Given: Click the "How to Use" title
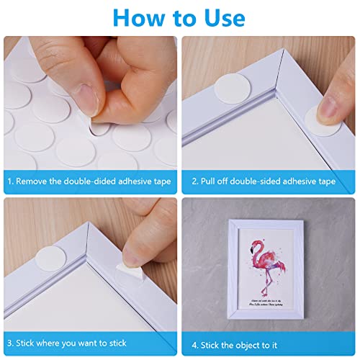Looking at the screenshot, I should (180, 17).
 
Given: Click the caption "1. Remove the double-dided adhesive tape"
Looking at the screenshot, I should (90, 181).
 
